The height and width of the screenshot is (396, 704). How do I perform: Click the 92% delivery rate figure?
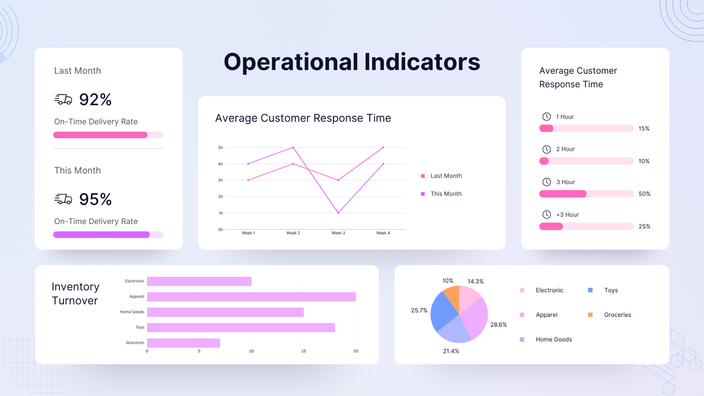pyautogui.click(x=95, y=100)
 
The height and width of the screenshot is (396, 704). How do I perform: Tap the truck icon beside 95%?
pyautogui.click(x=63, y=199)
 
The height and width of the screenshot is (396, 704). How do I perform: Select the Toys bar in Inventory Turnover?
pyautogui.click(x=241, y=327)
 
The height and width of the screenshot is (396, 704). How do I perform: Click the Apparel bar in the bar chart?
pyautogui.click(x=251, y=297)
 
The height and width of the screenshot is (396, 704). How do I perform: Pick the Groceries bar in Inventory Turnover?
pyautogui.click(x=183, y=343)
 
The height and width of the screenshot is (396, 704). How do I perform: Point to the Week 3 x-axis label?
pyautogui.click(x=338, y=233)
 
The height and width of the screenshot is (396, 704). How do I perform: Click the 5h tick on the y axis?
pyautogui.click(x=220, y=147)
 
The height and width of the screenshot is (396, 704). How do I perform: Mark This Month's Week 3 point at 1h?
pyautogui.click(x=338, y=213)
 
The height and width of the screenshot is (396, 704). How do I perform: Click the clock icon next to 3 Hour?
pyautogui.click(x=546, y=182)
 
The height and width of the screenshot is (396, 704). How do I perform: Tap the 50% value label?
pyautogui.click(x=644, y=194)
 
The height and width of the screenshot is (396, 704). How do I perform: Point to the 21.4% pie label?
pyautogui.click(x=451, y=351)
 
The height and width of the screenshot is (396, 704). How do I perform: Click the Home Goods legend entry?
pyautogui.click(x=554, y=340)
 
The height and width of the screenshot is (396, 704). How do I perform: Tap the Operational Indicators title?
pyautogui.click(x=352, y=62)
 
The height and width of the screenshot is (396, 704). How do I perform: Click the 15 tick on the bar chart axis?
pyautogui.click(x=304, y=351)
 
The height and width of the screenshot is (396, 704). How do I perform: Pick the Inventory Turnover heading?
pyautogui.click(x=75, y=293)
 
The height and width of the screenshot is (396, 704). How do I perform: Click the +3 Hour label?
pyautogui.click(x=567, y=215)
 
